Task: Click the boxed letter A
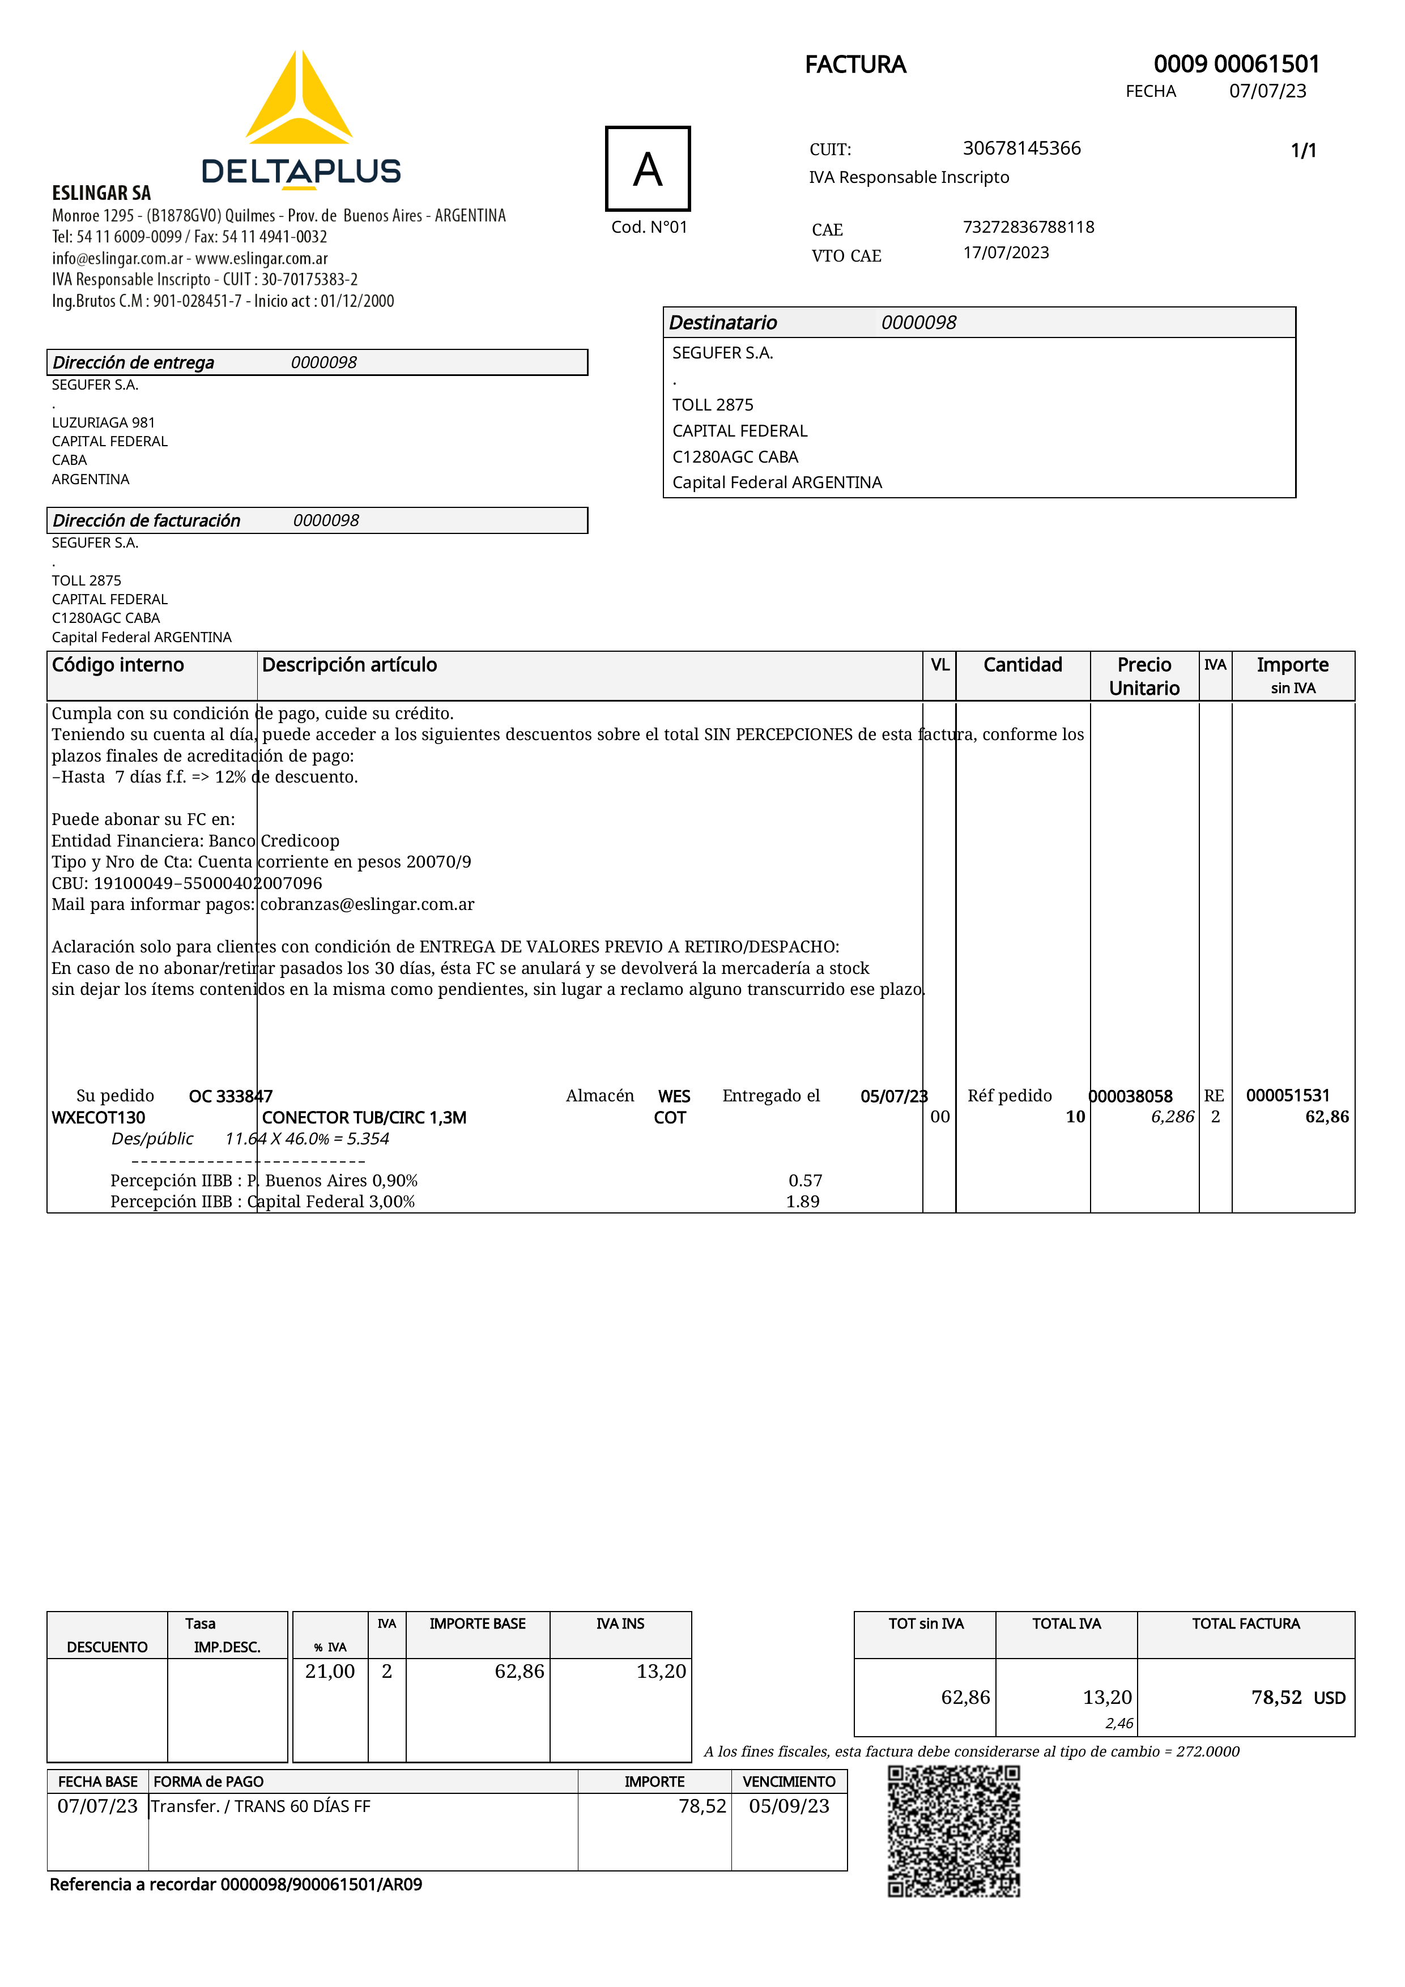pyautogui.click(x=648, y=169)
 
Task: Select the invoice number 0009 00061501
pyautogui.click(x=1236, y=64)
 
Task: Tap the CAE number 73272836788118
pyautogui.click(x=1028, y=227)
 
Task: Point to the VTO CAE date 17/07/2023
pyautogui.click(x=1006, y=253)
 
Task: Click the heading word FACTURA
pyautogui.click(x=855, y=65)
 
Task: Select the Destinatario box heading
pyautogui.click(x=723, y=323)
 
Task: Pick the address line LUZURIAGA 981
pyautogui.click(x=103, y=422)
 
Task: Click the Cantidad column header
pyautogui.click(x=1023, y=665)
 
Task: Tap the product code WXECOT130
pyautogui.click(x=99, y=1117)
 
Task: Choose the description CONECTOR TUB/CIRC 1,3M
pyautogui.click(x=364, y=1117)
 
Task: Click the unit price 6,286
pyautogui.click(x=1172, y=1117)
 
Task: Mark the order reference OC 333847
pyautogui.click(x=230, y=1096)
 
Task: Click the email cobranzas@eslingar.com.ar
pyautogui.click(x=367, y=904)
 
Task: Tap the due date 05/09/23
pyautogui.click(x=789, y=1806)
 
